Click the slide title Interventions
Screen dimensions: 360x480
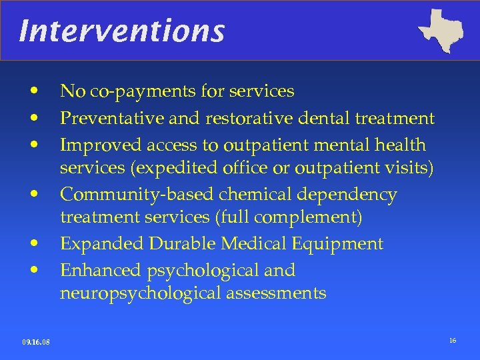(122, 31)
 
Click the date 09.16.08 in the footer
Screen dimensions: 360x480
(35, 343)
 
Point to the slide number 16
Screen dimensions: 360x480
(453, 341)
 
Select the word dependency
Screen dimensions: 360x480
(352, 195)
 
